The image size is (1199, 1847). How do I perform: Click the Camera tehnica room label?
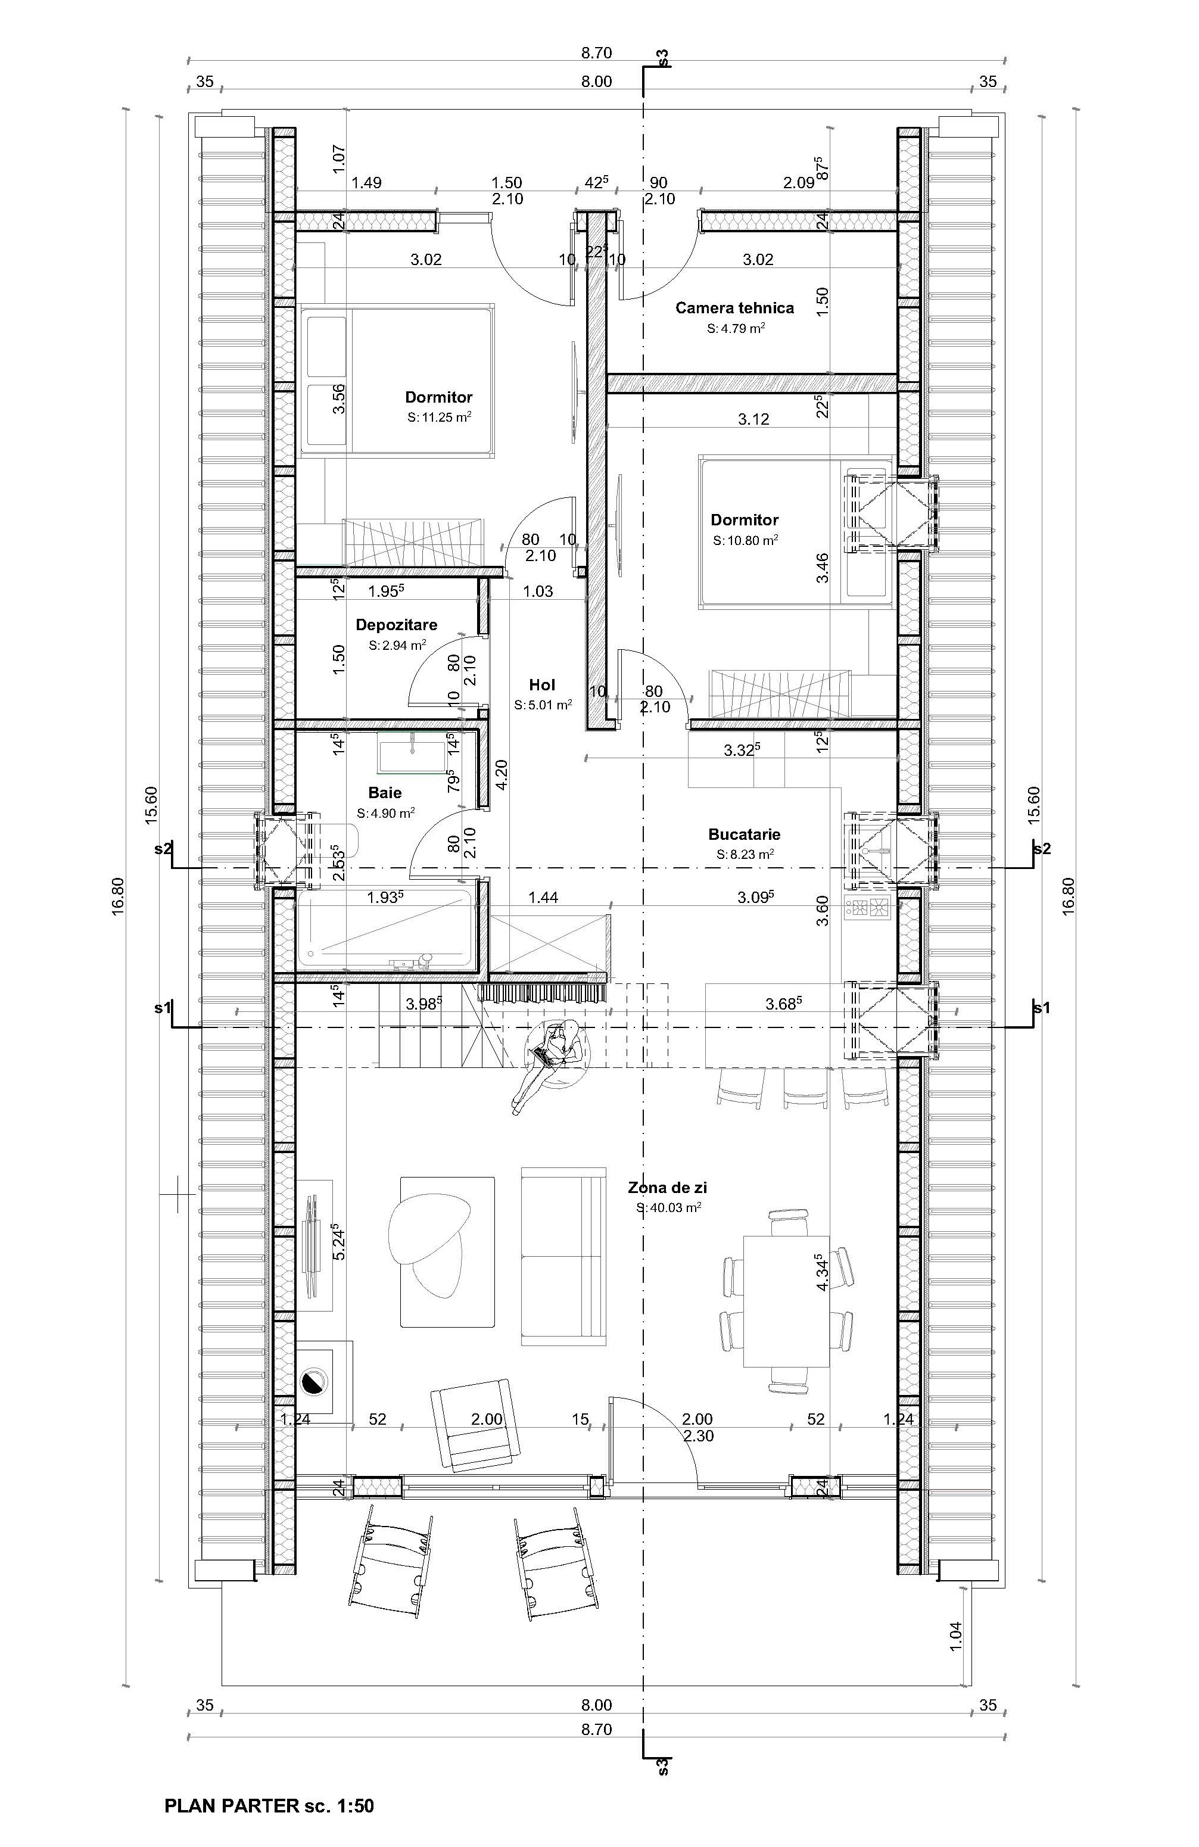[734, 308]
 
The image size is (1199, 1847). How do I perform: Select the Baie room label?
[385, 792]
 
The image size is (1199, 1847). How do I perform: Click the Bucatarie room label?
[744, 834]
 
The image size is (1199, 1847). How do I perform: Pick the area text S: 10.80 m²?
[745, 540]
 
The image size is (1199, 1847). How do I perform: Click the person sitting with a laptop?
[548, 1066]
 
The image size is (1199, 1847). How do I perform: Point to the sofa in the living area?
[563, 1256]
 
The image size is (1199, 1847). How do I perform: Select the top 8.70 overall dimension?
[597, 54]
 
